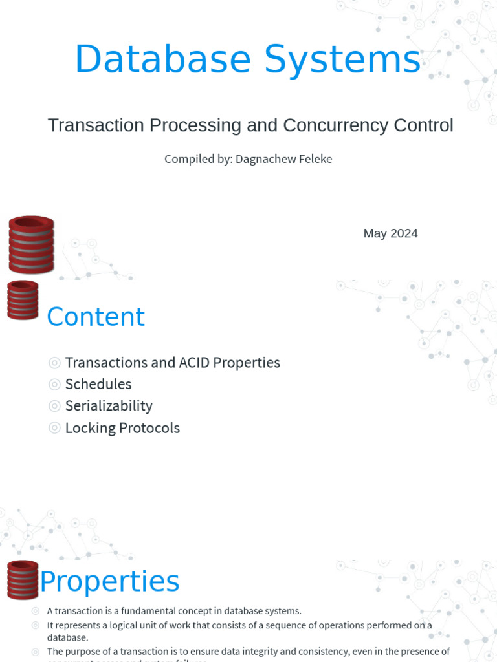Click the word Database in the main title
point(162,59)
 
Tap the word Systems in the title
point(342,59)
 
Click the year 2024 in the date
point(404,233)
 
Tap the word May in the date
point(375,233)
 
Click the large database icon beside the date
point(31,244)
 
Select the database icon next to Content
point(23,300)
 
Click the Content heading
point(96,317)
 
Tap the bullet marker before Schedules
point(55,385)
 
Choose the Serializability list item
point(109,406)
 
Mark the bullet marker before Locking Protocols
point(55,428)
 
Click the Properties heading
point(109,581)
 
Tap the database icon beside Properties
point(23,579)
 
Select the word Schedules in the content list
point(98,385)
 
